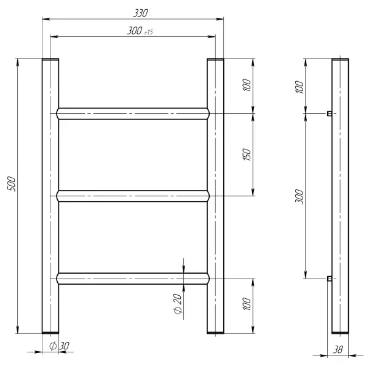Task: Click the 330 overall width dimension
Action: click(141, 13)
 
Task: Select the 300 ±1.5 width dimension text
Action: click(140, 31)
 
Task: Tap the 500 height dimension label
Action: click(11, 184)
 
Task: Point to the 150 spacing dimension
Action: click(247, 154)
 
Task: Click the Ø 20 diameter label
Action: click(178, 304)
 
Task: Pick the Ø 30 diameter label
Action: click(59, 346)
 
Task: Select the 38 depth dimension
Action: click(338, 350)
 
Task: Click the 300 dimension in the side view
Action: click(299, 196)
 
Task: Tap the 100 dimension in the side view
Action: click(299, 87)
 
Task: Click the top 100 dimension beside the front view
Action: click(247, 85)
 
